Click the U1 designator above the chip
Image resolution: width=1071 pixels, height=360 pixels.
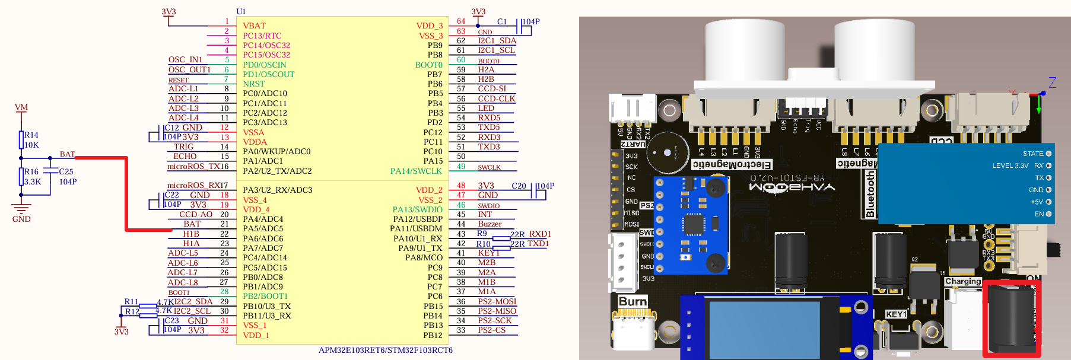click(x=241, y=11)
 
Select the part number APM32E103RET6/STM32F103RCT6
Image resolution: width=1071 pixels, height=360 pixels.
click(x=386, y=350)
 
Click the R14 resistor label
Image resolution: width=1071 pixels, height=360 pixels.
click(x=31, y=135)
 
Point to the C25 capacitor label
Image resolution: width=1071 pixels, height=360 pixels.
click(x=66, y=171)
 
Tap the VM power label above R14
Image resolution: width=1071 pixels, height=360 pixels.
click(x=21, y=107)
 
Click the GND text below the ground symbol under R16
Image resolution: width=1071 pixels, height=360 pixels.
click(x=21, y=219)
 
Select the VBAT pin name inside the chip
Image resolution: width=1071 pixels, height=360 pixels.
click(x=254, y=26)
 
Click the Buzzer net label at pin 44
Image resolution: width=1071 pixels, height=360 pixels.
click(x=490, y=224)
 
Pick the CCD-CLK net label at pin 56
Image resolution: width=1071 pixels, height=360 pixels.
click(x=497, y=98)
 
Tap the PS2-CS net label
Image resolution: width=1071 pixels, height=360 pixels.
click(x=492, y=330)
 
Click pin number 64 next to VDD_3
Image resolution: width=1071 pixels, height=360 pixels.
click(x=461, y=21)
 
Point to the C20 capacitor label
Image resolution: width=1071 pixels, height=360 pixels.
click(x=519, y=186)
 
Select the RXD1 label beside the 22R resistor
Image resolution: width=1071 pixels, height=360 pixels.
click(x=540, y=234)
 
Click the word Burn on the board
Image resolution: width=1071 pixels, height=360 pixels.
click(x=633, y=301)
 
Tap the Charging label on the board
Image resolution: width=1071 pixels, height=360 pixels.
click(x=963, y=281)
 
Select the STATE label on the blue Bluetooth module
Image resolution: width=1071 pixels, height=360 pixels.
click(x=1033, y=154)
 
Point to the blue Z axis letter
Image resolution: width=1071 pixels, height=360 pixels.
click(x=1052, y=82)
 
